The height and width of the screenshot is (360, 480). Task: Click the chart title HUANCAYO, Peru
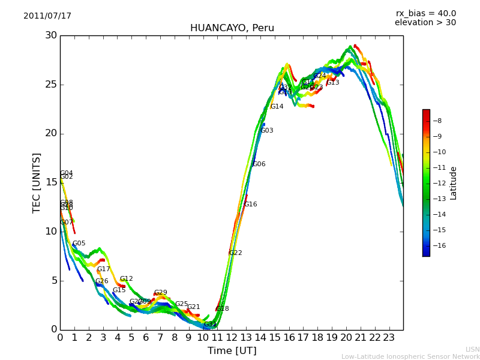click(232, 28)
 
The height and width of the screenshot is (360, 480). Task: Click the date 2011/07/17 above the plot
click(47, 16)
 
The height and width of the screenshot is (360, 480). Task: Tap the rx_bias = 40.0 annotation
click(425, 14)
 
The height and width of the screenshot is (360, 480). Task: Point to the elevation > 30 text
click(425, 23)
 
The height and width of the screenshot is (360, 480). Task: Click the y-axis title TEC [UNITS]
click(37, 182)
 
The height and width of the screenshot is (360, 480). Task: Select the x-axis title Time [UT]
click(232, 351)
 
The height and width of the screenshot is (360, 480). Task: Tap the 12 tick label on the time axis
click(232, 337)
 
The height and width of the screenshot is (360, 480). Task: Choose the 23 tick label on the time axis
click(389, 337)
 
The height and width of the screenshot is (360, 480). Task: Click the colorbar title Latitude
click(454, 183)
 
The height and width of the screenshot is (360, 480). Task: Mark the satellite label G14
click(277, 107)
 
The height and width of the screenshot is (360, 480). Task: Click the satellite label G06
click(259, 164)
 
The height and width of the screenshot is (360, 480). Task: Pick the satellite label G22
click(235, 253)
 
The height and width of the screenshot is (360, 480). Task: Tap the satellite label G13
click(333, 83)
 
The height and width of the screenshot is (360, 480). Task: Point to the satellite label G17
click(104, 269)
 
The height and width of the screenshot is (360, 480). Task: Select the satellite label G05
click(79, 244)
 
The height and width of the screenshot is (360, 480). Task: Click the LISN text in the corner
click(472, 349)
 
